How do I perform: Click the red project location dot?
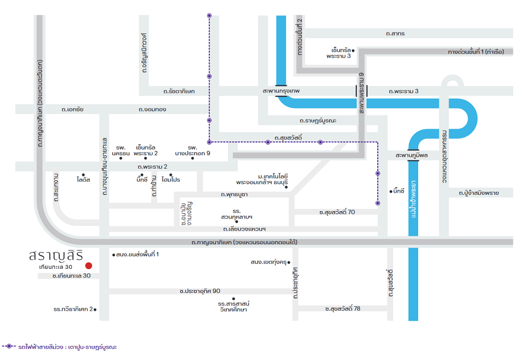[89, 266]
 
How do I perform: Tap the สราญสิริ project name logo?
[56, 255]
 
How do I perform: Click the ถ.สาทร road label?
[395, 34]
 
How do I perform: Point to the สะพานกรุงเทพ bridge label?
[281, 91]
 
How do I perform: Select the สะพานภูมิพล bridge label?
[411, 156]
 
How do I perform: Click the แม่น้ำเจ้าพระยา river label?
[413, 199]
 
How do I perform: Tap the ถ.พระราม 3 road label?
[403, 91]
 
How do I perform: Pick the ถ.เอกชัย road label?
[72, 110]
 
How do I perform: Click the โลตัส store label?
[83, 180]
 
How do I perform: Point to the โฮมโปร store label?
[171, 180]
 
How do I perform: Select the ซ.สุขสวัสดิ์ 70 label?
[337, 212]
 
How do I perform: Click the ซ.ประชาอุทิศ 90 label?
[200, 291]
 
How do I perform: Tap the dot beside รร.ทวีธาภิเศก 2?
[95, 310]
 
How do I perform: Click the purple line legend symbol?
[9, 346]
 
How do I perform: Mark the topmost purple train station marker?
[209, 15]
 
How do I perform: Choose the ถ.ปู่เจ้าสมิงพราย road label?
[478, 193]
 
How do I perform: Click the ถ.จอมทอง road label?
[152, 110]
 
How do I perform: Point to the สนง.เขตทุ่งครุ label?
[269, 262]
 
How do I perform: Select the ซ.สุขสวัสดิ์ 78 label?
[343, 309]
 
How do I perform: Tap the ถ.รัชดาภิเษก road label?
[179, 91]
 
